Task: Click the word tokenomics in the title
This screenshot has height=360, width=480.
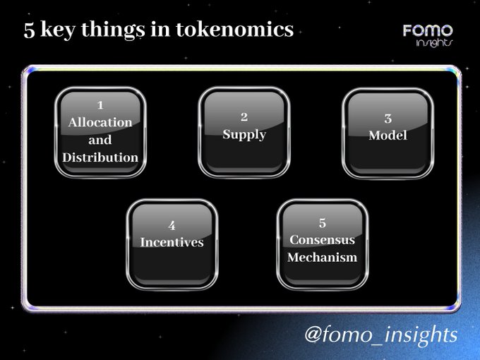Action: (235, 30)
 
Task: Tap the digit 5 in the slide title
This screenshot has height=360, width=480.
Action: (30, 30)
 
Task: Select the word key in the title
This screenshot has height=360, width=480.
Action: (58, 30)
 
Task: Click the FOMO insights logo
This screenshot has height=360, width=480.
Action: (428, 35)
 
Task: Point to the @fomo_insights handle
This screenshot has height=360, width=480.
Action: (381, 335)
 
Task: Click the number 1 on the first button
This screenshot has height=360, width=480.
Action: (100, 105)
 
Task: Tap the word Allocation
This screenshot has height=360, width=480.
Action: (100, 122)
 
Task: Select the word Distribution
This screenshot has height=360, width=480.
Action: (100, 157)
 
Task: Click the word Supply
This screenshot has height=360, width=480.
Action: (244, 135)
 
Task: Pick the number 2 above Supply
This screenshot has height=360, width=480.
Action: (244, 116)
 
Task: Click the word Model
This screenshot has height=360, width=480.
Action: (388, 136)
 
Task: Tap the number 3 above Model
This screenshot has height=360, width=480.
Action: (388, 119)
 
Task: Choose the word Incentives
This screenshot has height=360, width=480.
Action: (172, 242)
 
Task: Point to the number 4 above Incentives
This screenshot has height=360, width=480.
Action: (172, 226)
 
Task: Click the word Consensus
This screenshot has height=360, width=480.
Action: (323, 240)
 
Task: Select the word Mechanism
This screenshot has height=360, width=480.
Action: (323, 257)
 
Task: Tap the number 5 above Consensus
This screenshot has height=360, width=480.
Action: (323, 223)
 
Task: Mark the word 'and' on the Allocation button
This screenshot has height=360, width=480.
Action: (100, 140)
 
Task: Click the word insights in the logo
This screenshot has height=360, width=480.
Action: (434, 42)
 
